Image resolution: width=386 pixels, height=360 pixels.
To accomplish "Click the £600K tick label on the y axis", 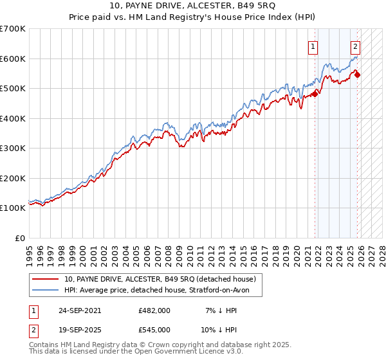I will [x=13, y=59].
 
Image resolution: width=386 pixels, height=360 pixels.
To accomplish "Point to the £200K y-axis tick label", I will [x=13, y=178].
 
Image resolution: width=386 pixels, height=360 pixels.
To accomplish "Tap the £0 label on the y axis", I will [x=19, y=238].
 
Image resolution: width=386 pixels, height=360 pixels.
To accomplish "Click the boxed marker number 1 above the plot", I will [x=313, y=46].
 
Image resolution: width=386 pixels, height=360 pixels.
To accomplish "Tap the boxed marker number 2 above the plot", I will [x=355, y=46].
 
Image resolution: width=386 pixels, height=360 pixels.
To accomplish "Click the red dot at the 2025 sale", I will [x=358, y=75].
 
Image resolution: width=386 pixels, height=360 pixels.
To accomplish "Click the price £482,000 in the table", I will [x=154, y=310].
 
